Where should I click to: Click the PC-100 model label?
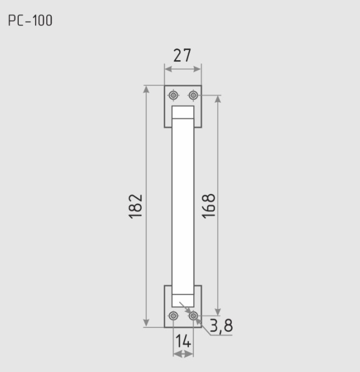(30, 20)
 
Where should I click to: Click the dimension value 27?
(182, 55)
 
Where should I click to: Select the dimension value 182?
(136, 206)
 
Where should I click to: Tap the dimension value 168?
(208, 206)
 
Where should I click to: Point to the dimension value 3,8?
(221, 325)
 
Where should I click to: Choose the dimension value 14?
(183, 341)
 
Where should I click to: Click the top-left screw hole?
(174, 95)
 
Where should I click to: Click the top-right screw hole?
(193, 95)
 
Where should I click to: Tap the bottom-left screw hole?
(173, 316)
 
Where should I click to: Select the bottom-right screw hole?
(193, 316)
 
